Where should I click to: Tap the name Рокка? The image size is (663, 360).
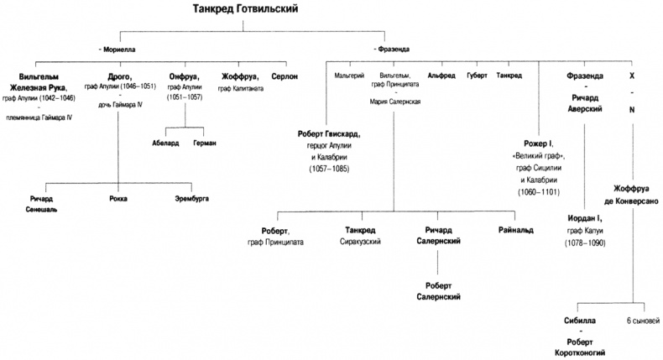pyautogui.click(x=119, y=198)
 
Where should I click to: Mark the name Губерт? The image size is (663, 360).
pyautogui.click(x=477, y=76)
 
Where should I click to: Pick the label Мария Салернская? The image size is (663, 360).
pyautogui.click(x=394, y=101)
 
